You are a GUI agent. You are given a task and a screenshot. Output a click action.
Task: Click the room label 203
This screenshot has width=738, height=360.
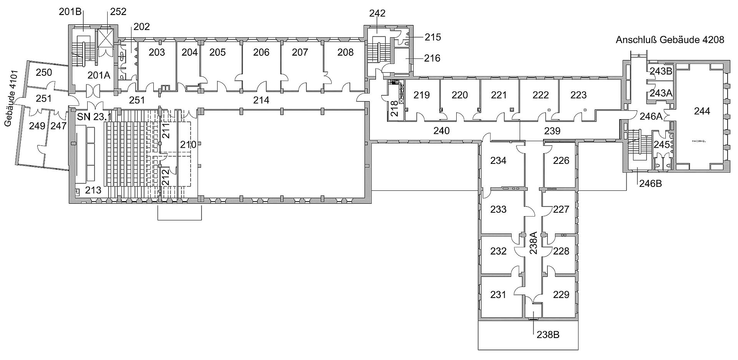(157, 52)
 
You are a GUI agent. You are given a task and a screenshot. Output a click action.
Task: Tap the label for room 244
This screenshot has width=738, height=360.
(702, 111)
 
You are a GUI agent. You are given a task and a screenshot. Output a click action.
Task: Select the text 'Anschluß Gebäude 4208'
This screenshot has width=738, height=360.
(670, 40)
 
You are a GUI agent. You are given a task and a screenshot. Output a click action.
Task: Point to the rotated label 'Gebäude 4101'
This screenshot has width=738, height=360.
(10, 98)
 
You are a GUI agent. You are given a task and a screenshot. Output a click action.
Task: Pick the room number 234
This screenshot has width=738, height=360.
(498, 160)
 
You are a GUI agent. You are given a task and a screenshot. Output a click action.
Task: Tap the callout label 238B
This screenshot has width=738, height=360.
(548, 335)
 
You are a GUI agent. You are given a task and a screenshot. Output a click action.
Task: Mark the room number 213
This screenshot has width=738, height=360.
(93, 190)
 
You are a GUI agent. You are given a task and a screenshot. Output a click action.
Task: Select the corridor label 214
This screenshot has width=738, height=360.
(261, 100)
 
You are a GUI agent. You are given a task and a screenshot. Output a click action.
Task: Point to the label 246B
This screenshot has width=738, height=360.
(650, 183)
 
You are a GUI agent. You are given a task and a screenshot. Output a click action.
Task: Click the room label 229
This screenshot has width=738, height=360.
(561, 295)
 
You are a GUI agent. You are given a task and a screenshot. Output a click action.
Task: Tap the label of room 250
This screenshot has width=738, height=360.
(44, 72)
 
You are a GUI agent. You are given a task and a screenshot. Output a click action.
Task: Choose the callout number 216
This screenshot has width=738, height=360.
(432, 58)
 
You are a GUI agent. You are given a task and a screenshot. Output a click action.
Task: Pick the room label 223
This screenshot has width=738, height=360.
(578, 95)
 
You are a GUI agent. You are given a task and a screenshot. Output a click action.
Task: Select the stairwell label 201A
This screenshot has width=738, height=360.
(99, 75)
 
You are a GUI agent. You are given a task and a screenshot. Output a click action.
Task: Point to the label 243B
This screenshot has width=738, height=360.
(661, 71)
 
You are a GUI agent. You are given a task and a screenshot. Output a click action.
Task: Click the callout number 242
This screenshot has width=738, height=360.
(377, 13)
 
